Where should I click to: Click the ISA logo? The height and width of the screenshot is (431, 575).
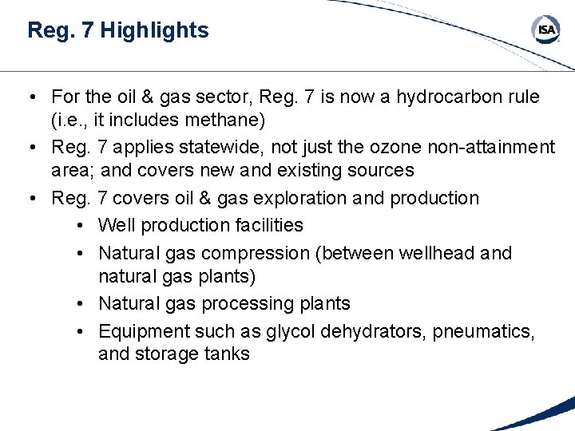[x=546, y=30]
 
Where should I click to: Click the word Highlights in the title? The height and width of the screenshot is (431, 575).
[x=155, y=30]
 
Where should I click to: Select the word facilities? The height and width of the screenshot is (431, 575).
[x=266, y=225]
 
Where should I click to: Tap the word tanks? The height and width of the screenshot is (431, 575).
[x=228, y=354]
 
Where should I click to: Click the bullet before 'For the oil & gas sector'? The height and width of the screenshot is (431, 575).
[x=28, y=97]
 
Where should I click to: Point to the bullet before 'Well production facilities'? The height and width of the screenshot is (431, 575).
[x=83, y=225]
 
